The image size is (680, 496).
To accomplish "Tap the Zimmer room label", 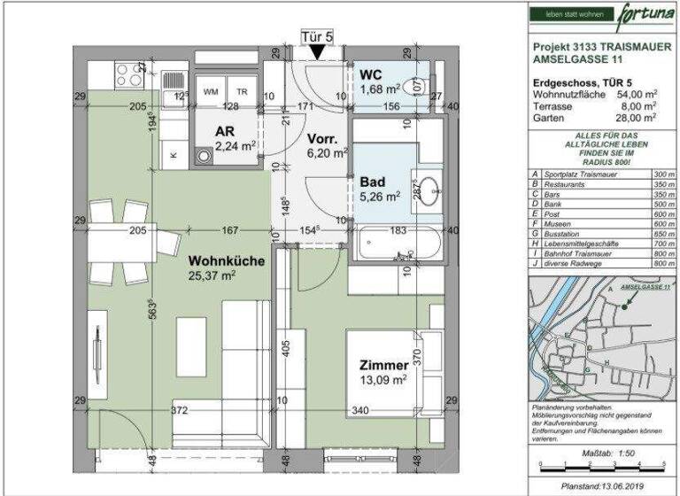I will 383,365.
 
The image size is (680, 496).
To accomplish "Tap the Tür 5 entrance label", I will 316,37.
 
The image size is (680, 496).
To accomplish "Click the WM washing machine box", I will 211,92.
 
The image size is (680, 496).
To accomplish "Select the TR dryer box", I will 242,92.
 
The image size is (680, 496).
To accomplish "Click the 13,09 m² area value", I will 383,381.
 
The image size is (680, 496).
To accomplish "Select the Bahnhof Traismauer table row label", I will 583,254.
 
